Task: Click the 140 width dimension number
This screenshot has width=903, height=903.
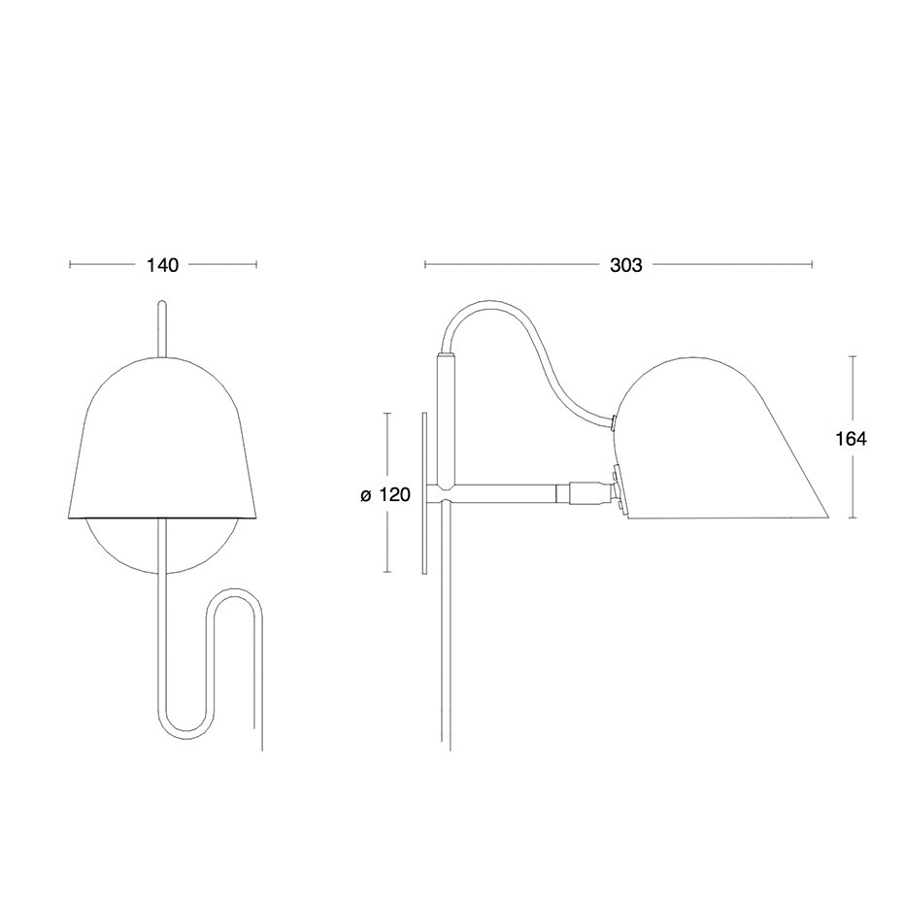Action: [162, 265]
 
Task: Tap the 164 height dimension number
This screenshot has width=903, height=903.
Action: [851, 439]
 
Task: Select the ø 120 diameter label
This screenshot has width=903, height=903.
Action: [385, 495]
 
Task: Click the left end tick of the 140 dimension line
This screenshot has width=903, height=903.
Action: [71, 264]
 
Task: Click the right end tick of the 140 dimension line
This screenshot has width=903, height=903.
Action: [256, 264]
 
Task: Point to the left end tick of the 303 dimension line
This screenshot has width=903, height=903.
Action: [424, 264]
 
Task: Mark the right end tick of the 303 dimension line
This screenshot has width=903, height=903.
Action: [812, 264]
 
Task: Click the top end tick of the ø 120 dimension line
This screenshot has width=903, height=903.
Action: [388, 413]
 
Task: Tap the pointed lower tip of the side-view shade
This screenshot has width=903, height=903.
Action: [826, 517]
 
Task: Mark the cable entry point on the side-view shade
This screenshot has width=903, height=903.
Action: [616, 421]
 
